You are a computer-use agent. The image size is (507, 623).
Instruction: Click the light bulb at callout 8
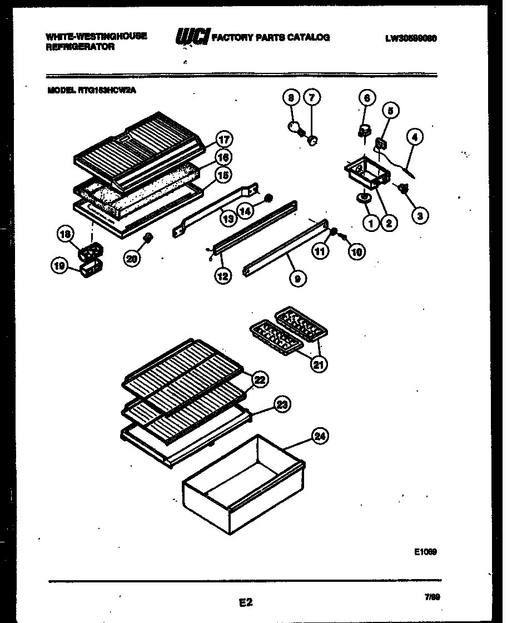(294, 128)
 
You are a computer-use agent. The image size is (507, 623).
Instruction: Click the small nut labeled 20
(148, 239)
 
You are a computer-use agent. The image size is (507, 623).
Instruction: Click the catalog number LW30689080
(410, 39)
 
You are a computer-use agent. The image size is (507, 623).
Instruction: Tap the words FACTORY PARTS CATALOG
(271, 38)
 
